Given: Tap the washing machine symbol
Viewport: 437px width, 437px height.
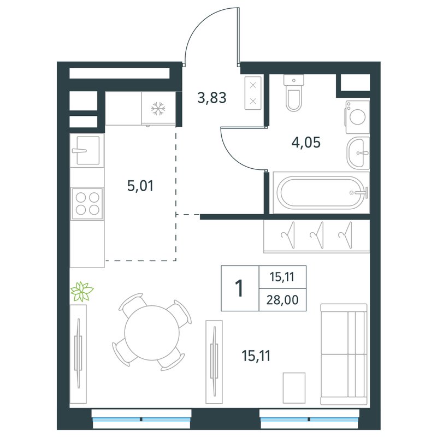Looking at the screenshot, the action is [358, 117].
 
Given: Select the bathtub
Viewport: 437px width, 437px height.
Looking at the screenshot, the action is [321, 193].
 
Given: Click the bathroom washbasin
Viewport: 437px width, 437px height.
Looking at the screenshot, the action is [358, 153].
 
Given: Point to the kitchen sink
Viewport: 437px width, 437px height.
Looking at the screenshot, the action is [87, 151].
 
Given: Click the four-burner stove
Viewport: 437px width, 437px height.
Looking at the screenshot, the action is [87, 203].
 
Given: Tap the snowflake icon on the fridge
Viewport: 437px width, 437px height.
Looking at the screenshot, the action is [158, 109].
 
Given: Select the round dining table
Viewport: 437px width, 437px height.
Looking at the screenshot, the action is [152, 333].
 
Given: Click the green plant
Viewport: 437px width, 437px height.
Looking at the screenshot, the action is [82, 292].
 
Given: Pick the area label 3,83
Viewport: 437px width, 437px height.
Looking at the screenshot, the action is [212, 98].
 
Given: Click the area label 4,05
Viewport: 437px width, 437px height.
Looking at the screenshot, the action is [306, 143].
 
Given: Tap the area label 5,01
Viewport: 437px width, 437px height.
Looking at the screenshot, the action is [140, 186].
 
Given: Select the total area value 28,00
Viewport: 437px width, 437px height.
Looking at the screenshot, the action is [282, 300].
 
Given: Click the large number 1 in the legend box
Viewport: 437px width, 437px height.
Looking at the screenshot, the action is [239, 288].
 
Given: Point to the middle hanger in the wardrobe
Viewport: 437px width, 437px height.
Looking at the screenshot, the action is [318, 235].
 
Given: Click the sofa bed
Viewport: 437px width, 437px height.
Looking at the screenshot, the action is [344, 354].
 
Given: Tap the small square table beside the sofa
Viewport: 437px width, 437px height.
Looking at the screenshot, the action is [294, 388].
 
